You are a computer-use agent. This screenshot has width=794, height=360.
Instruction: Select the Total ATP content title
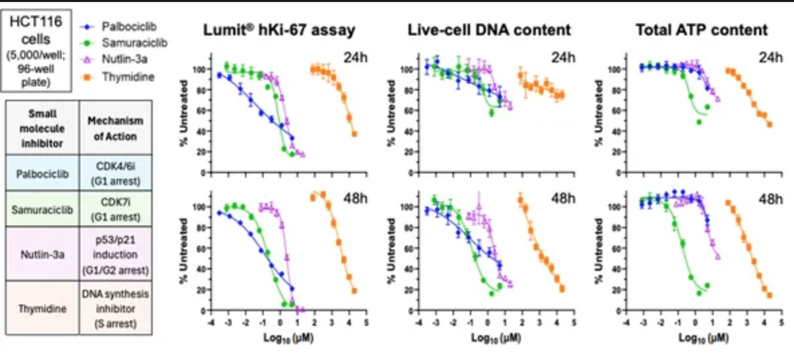point(692,30)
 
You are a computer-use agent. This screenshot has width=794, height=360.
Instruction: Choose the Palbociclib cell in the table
point(42,172)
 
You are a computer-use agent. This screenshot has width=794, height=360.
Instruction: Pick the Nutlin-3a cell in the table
point(42,254)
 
